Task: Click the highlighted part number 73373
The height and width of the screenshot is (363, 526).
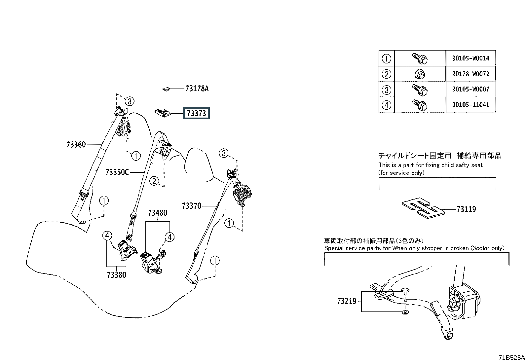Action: click(196, 113)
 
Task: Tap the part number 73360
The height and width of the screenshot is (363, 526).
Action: click(76, 144)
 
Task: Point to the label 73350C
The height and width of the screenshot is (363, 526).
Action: click(117, 172)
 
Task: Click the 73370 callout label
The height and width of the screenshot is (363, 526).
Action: click(192, 206)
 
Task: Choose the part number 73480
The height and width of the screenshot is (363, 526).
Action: click(158, 213)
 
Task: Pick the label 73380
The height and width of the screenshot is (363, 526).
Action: click(116, 274)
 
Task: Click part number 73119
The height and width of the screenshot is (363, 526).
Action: click(466, 209)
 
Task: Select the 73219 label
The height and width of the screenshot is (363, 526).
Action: click(347, 301)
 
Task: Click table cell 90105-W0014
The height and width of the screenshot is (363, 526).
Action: click(470, 58)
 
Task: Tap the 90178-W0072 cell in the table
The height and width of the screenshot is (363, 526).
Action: click(470, 74)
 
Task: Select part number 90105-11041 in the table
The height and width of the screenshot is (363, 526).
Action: click(470, 105)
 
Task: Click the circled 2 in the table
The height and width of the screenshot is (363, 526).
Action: click(386, 74)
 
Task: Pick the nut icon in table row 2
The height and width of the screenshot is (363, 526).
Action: click(420, 74)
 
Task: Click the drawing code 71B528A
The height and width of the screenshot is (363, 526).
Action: click(512, 357)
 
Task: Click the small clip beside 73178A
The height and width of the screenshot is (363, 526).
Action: click(166, 89)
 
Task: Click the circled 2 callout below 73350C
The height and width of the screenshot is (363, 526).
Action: click(154, 181)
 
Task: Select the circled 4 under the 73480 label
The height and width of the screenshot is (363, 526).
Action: click(169, 237)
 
